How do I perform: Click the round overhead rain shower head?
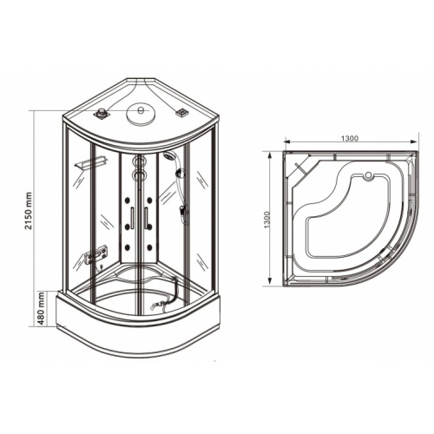(139, 113)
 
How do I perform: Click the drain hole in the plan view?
(368, 176)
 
